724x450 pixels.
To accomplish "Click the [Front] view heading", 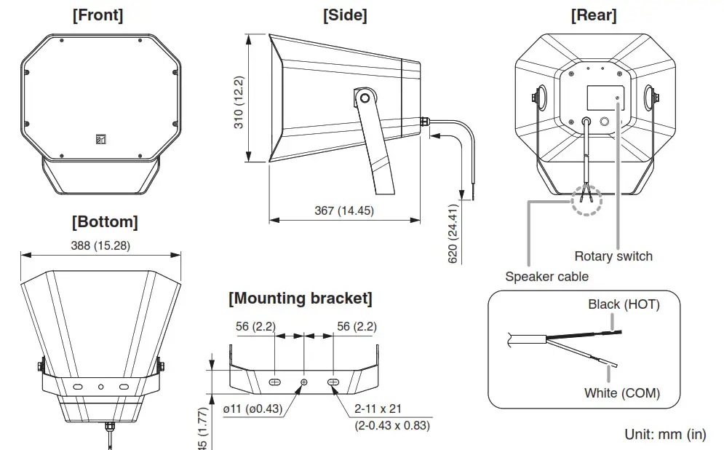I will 98,15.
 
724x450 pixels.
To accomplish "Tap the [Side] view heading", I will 344,15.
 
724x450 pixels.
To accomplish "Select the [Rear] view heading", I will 594,15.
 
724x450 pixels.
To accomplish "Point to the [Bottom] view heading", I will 105,221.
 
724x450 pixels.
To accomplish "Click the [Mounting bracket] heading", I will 301,299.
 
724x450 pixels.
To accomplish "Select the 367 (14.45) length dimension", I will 344,210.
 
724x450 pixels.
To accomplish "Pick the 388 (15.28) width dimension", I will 101,245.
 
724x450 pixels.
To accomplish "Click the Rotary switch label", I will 613,256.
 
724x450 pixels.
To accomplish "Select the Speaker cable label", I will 547,277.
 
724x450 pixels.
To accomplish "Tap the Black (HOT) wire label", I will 624,304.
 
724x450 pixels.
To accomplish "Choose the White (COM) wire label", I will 622,393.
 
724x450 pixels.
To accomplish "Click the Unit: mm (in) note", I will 665,435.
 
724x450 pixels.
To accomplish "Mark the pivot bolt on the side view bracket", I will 365,96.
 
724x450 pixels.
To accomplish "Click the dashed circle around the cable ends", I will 586,198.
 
